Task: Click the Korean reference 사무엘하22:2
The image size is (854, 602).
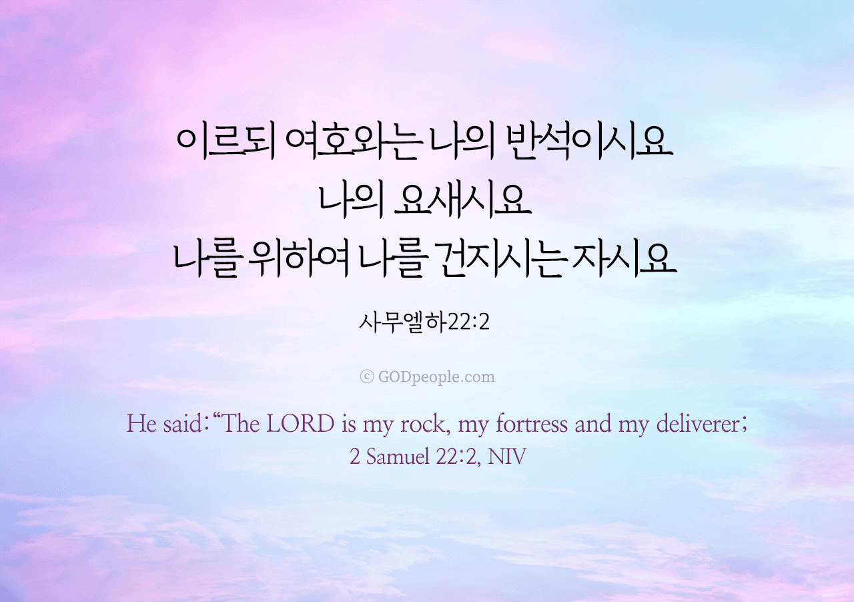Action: (x=424, y=322)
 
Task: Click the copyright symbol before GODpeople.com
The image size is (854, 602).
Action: (x=366, y=377)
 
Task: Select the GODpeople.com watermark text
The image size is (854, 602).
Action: (x=436, y=377)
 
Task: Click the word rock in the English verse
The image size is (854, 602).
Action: (x=422, y=424)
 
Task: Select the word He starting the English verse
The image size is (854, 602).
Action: (x=141, y=423)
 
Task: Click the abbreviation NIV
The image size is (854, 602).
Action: (x=506, y=457)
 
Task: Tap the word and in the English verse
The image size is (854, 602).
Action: (x=593, y=423)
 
